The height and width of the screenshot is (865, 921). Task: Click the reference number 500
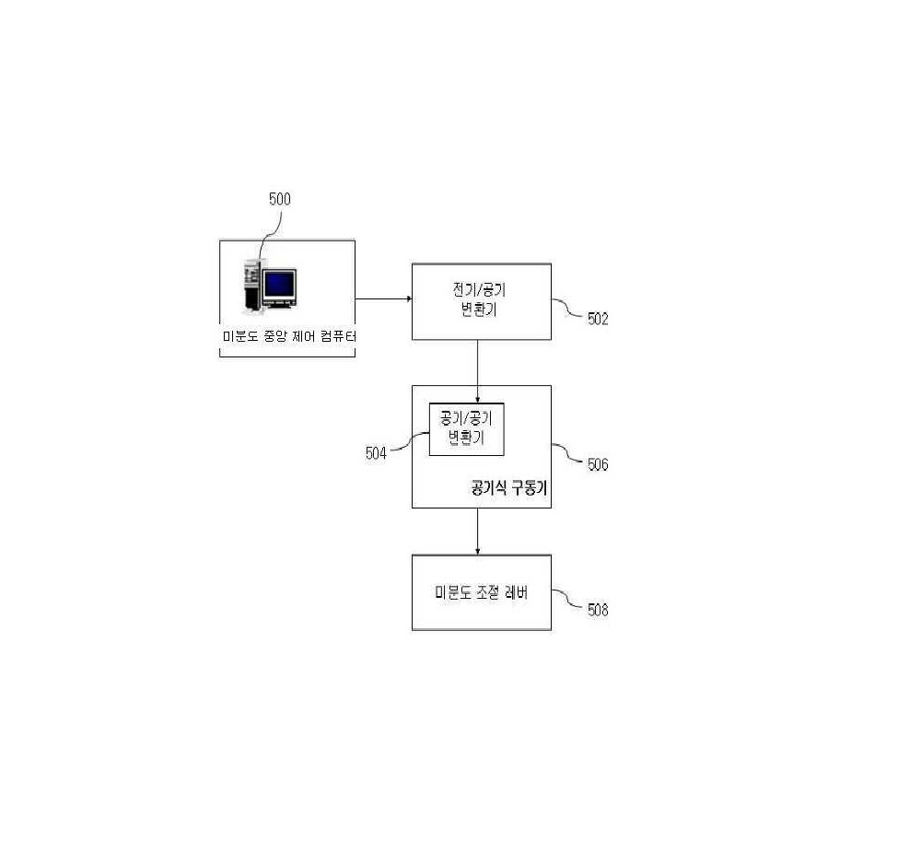[x=280, y=199]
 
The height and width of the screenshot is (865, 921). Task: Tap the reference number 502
[x=598, y=319]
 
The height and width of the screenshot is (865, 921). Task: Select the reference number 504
[x=376, y=453]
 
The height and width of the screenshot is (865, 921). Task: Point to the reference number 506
[x=598, y=464]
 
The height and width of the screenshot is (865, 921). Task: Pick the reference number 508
[x=598, y=610]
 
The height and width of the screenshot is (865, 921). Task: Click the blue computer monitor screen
[x=280, y=285]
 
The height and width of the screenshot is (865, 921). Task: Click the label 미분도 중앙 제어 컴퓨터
[x=289, y=336]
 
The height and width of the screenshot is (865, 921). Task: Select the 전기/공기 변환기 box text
[x=479, y=299]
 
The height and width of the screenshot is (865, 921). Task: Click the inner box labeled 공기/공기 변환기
[x=466, y=429]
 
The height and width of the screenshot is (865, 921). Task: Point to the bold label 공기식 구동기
[x=508, y=487]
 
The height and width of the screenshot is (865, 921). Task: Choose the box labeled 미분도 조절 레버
[x=482, y=592]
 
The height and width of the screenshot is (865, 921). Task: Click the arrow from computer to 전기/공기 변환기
[x=383, y=298]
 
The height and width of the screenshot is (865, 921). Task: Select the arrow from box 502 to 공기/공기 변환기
[x=477, y=371]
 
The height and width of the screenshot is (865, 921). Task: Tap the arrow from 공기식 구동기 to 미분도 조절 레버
[x=477, y=532]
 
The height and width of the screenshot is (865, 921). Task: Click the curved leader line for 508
[x=568, y=599]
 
